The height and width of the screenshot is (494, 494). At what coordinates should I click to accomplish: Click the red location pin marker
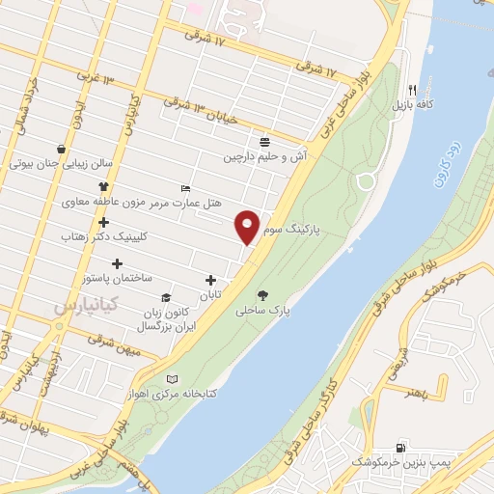point(248,226)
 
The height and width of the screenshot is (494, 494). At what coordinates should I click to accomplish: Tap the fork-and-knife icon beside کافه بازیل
point(412,85)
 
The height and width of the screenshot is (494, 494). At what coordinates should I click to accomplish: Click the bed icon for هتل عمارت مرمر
point(185,188)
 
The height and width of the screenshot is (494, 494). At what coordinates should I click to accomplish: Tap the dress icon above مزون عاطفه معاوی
point(104,186)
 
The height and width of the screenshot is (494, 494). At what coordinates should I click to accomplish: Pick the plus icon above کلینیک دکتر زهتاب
point(103,222)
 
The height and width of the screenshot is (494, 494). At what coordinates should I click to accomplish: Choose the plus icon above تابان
point(210,280)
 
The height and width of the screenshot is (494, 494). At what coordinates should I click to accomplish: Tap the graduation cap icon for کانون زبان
point(166,298)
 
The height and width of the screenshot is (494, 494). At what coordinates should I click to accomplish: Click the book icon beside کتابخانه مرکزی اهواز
point(173,378)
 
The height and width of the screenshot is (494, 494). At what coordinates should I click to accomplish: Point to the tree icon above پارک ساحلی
point(263,296)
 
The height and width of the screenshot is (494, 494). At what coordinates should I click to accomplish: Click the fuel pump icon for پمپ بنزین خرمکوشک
point(399,447)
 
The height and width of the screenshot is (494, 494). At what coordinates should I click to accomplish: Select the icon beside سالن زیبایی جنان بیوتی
point(62,149)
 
